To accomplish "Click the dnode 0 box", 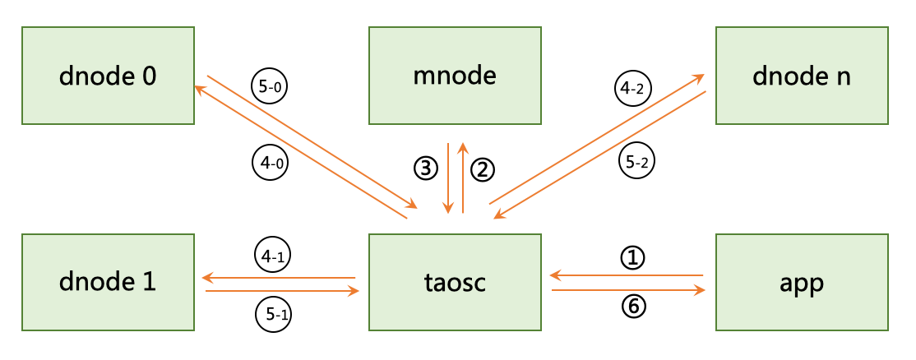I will (109, 76).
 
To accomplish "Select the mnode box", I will (456, 76).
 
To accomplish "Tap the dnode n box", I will (802, 76).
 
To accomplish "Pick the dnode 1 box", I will (109, 282).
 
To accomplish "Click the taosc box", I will (456, 282).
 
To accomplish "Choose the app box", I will (802, 282).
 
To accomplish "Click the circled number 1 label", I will (631, 259).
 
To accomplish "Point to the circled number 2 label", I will (482, 169).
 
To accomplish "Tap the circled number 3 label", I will (424, 169).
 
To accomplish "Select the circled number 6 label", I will (631, 307).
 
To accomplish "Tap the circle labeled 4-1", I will (272, 255).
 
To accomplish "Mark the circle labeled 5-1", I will (272, 313).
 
